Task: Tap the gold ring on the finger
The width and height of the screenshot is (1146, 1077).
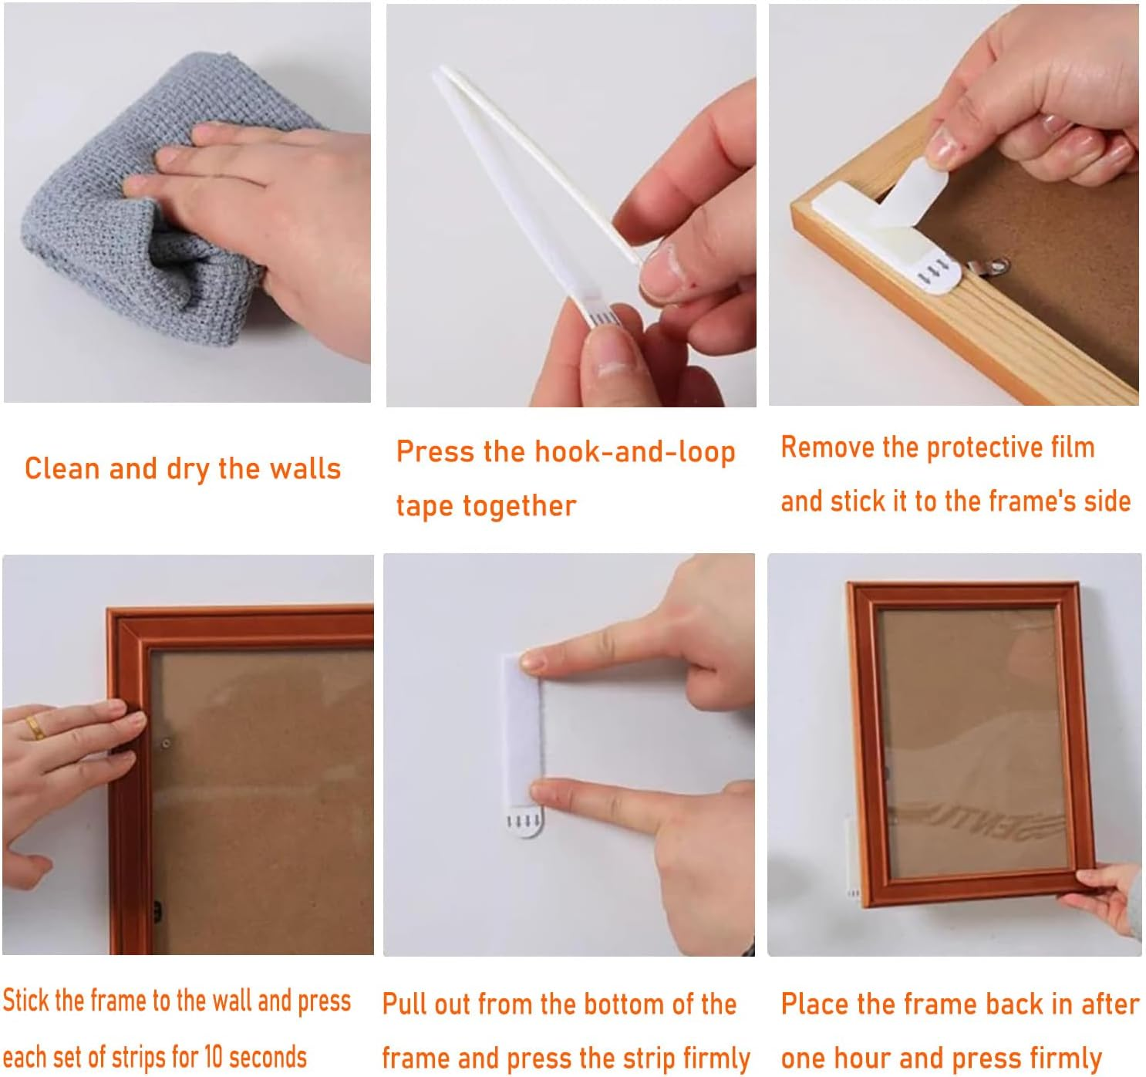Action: click(35, 728)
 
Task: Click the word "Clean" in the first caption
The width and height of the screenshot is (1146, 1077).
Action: click(62, 468)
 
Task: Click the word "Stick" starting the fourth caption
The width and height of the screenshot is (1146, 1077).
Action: click(26, 1000)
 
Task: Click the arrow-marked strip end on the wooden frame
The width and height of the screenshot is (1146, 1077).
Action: click(934, 272)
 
